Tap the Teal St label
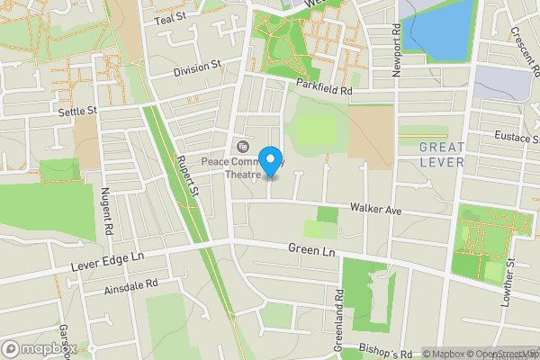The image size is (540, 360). click(169, 18)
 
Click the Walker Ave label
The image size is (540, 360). click(374, 210)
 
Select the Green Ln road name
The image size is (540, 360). click(311, 249)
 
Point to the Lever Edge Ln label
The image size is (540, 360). click(107, 264)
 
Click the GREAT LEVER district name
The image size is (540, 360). click(442, 154)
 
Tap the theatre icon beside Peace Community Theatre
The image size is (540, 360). click(240, 146)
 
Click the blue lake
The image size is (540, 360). click(439, 27)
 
